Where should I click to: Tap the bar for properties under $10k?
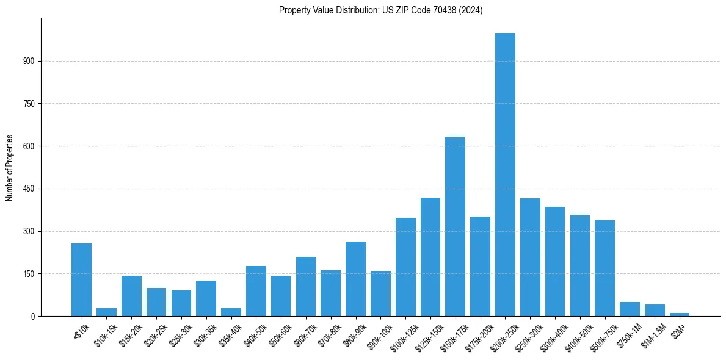tap(81, 280)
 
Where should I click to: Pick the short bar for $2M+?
tap(680, 314)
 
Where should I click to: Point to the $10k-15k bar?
tap(106, 312)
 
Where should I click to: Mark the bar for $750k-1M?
tap(630, 309)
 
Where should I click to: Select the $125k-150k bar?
tap(430, 257)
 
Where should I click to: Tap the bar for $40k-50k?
tap(256, 291)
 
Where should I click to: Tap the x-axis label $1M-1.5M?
tap(651, 335)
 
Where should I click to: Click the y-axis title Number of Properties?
tap(9, 167)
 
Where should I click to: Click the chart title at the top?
tap(380, 10)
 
